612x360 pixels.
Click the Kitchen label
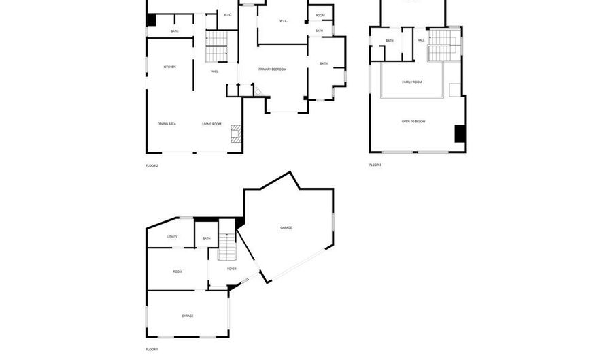[169, 67]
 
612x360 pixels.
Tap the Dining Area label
[167, 124]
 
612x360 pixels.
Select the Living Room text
[211, 124]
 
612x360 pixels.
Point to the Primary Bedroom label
[272, 69]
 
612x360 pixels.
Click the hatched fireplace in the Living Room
[235, 133]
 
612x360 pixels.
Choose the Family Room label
[412, 82]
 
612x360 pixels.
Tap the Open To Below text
[413, 121]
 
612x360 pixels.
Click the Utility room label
[173, 237]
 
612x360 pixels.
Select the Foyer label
[231, 269]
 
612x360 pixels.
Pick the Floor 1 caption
[152, 350]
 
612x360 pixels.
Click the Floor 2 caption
[152, 165]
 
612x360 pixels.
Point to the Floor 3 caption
[375, 165]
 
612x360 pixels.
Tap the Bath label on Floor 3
[390, 41]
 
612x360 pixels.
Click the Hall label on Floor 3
[421, 40]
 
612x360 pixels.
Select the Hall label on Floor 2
[214, 71]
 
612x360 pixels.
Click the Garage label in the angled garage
[286, 227]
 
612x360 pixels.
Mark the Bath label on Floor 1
[206, 238]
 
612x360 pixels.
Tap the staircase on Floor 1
[226, 246]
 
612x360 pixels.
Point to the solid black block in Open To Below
[460, 133]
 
